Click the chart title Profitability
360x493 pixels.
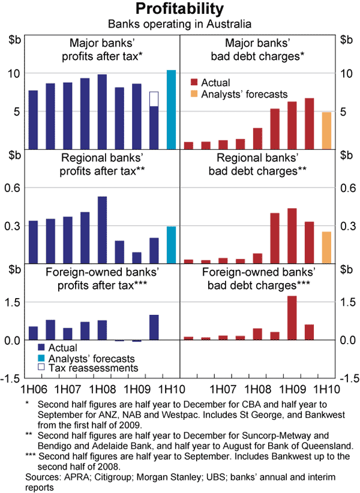(180, 9)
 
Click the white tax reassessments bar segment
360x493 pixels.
(154, 99)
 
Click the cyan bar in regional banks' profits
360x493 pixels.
(171, 244)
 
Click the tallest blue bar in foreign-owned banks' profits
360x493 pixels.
(154, 327)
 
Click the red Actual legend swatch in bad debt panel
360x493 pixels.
(194, 83)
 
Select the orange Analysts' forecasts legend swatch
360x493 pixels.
(194, 94)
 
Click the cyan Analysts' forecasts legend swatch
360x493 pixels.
(41, 357)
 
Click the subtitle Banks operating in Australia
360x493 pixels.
(180, 25)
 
